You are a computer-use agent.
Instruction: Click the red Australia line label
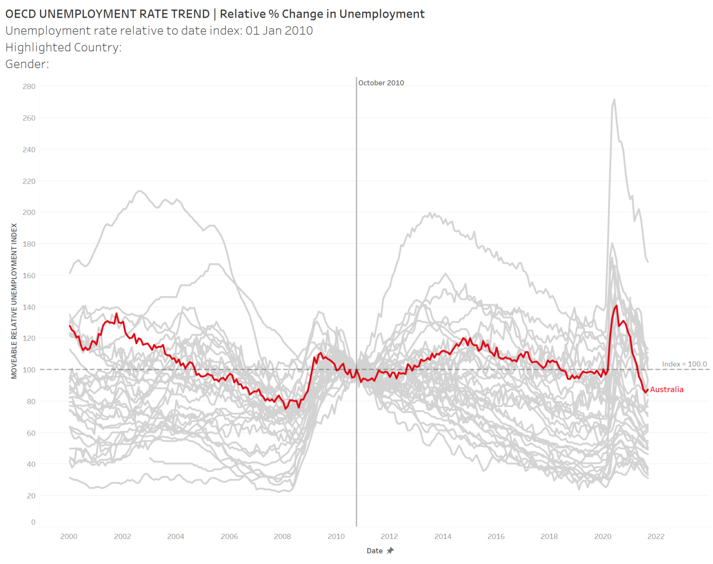tap(667, 389)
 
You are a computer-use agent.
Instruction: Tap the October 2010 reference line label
tap(381, 83)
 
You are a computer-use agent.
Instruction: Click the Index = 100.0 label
tap(684, 364)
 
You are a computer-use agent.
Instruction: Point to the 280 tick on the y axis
tap(29, 86)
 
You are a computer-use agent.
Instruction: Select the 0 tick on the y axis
tap(33, 522)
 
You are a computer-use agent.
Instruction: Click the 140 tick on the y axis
tap(29, 307)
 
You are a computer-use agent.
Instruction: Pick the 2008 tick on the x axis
tap(282, 536)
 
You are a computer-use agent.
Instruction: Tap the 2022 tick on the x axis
tap(655, 536)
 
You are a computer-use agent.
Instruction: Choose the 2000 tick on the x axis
tap(69, 536)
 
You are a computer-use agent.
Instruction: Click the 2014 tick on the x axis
tap(442, 536)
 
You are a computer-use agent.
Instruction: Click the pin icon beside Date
tap(390, 551)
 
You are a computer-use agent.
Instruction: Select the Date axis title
tap(375, 551)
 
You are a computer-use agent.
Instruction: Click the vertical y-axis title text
tap(14, 301)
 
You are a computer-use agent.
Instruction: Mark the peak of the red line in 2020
tap(616, 306)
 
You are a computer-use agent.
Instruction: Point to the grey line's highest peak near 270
tap(614, 99)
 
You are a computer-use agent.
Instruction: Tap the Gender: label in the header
tap(27, 64)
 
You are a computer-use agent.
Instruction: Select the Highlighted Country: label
tap(63, 47)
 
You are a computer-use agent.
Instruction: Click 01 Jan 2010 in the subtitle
tap(279, 31)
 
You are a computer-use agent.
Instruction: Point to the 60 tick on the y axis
tap(31, 433)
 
